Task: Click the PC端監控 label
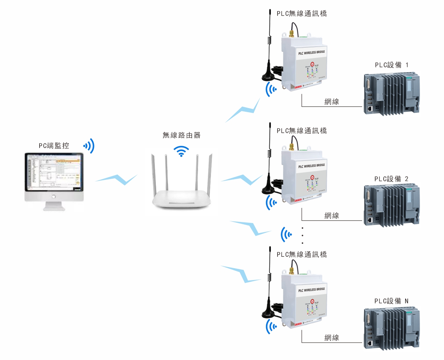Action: coord(54,146)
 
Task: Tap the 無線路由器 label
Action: coord(181,135)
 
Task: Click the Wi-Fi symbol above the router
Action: coord(181,151)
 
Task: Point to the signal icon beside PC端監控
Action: coord(89,146)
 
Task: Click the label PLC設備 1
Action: coord(391,65)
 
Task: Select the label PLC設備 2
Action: coord(391,179)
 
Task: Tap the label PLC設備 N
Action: coord(391,301)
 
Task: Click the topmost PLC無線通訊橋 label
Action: coord(302,14)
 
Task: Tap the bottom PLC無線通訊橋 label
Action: coord(302,255)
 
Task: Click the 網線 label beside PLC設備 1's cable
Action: coord(332,101)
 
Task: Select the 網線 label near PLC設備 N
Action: coord(332,337)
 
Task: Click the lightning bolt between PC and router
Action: coord(116,179)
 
